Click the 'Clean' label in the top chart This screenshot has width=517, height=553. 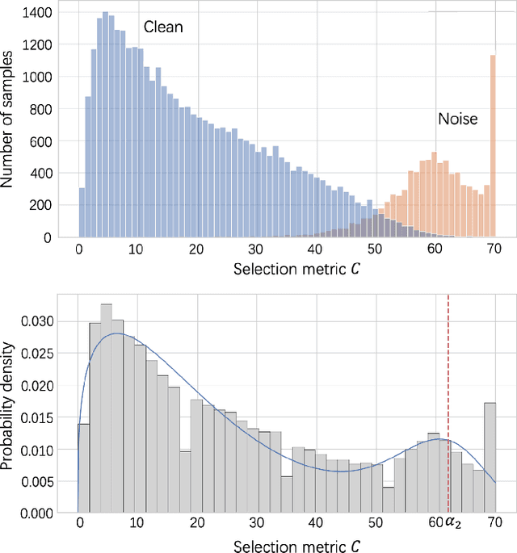click(163, 27)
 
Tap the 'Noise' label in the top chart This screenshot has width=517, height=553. click(457, 119)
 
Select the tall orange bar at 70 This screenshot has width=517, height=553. click(492, 146)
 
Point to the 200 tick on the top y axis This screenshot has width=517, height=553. click(42, 205)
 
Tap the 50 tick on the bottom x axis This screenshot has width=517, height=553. click(374, 522)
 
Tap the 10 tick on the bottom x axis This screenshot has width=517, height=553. click(138, 522)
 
